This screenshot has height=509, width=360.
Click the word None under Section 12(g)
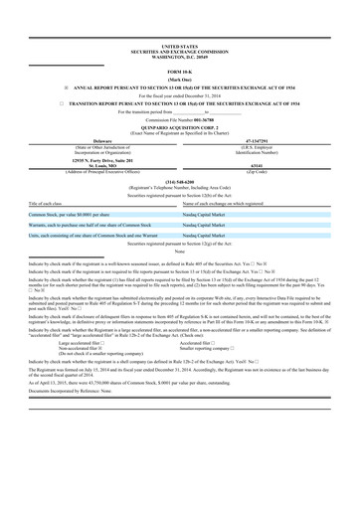coord(180,252)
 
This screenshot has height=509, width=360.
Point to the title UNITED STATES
coord(180,46)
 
